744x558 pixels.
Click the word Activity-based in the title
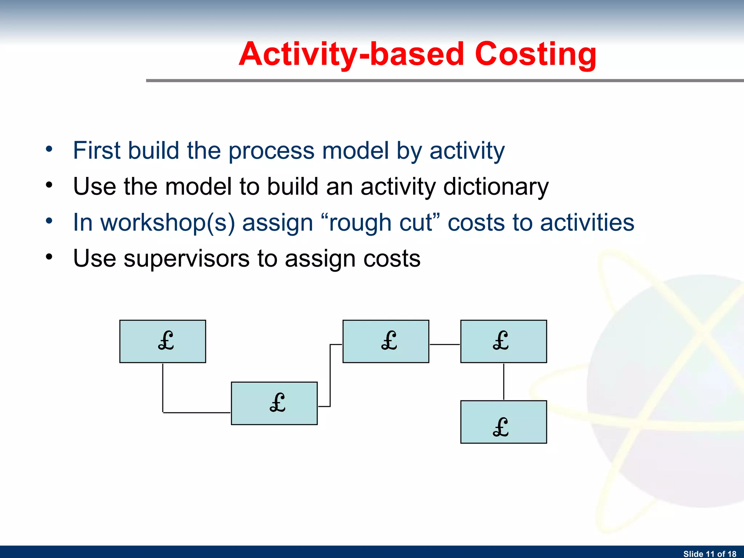click(351, 54)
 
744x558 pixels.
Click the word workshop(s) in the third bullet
click(167, 222)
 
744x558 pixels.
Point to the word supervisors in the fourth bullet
click(186, 259)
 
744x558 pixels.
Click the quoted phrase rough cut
click(380, 222)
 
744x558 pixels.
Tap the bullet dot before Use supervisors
click(49, 257)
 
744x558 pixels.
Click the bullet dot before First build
click(49, 149)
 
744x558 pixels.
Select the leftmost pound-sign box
click(162, 341)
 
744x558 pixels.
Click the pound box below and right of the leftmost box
click(274, 403)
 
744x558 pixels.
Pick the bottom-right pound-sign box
click(504, 422)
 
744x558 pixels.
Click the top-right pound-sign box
click(504, 341)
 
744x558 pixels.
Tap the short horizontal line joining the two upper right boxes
click(445, 344)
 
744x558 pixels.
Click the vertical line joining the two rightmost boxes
click(504, 381)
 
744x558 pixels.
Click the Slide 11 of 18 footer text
click(709, 554)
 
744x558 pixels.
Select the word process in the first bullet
click(271, 150)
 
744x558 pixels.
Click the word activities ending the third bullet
click(587, 222)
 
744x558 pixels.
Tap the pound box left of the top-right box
click(386, 341)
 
